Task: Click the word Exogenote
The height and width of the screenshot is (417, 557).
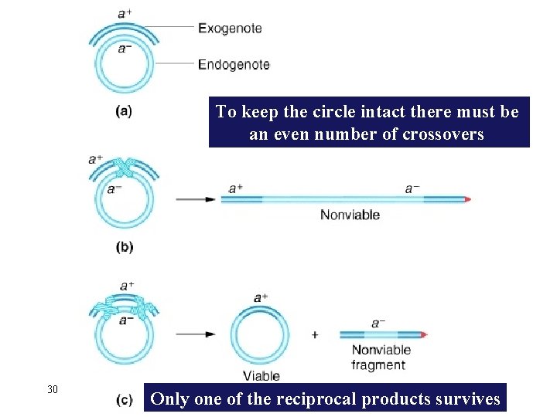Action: point(230,29)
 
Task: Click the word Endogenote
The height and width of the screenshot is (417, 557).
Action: point(234,65)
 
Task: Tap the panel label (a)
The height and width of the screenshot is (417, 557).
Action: point(124,111)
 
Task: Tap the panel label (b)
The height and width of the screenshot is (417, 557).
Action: point(124,248)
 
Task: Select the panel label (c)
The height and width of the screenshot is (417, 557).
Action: point(124,400)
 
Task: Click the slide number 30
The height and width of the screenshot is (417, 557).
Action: point(53,389)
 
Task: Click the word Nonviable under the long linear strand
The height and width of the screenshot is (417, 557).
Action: point(350,215)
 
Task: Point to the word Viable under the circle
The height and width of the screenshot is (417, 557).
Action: point(261,376)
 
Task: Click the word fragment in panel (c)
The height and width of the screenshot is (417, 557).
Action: point(378,364)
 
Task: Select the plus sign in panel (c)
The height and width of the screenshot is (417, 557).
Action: point(315,335)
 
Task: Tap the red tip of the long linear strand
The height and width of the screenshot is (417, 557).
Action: point(466,199)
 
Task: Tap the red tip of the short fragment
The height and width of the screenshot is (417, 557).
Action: point(423,335)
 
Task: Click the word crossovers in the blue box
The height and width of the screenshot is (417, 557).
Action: point(443,134)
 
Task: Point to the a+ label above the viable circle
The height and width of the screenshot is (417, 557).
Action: point(261,297)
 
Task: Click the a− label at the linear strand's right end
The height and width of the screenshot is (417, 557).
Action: point(413,188)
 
